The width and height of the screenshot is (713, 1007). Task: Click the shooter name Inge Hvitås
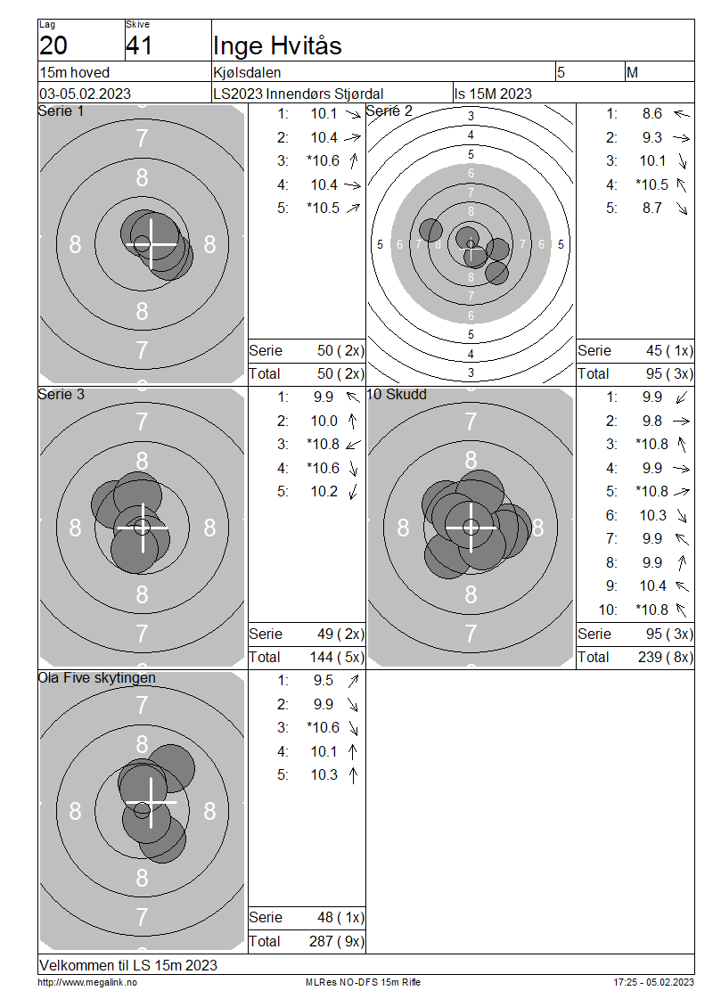click(277, 45)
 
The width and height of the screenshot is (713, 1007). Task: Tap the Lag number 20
click(53, 45)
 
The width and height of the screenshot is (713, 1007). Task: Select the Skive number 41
click(139, 45)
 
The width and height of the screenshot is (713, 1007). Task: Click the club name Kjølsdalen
click(247, 72)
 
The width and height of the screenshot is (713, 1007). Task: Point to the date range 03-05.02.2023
click(86, 94)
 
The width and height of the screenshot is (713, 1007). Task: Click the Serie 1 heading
click(61, 111)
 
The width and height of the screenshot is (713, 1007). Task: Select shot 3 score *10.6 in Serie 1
click(324, 160)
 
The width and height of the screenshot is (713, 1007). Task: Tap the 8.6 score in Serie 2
click(652, 114)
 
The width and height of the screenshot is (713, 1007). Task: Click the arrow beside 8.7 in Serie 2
click(682, 209)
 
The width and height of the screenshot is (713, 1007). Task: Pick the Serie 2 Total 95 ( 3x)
click(669, 373)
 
